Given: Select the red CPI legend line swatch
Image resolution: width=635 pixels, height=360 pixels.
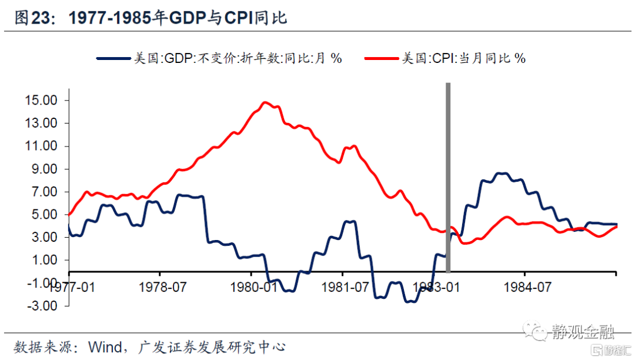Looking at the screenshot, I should click(382, 58).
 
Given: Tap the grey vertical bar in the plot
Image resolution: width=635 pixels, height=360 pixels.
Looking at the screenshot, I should click(449, 176).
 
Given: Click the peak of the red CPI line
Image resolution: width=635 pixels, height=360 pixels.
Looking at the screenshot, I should click(265, 102).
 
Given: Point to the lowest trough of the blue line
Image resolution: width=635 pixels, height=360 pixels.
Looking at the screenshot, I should click(410, 302).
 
